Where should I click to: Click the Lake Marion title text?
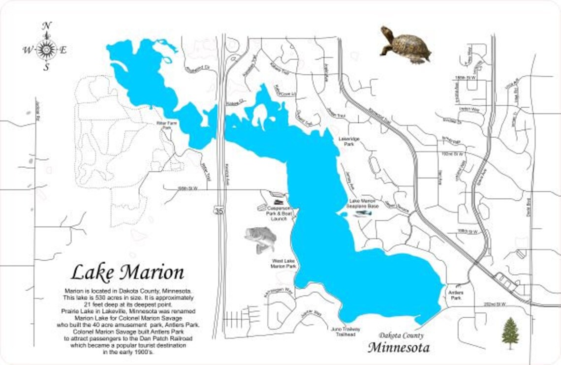pos(127,272)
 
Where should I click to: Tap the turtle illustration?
pos(405,45)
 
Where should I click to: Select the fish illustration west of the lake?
pos(260,239)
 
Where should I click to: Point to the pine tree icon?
pos(510,333)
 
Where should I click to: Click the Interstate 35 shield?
pos(218,211)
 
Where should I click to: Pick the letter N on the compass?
pos(46,27)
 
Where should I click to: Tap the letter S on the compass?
pos(46,67)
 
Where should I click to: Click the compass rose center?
pos(46,49)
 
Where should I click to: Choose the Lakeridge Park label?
pos(349,142)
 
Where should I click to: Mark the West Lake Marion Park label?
pos(283,264)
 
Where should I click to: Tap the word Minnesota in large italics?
pos(399,348)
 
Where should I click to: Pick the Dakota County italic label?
pos(401,335)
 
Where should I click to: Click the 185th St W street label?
pos(465,78)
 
